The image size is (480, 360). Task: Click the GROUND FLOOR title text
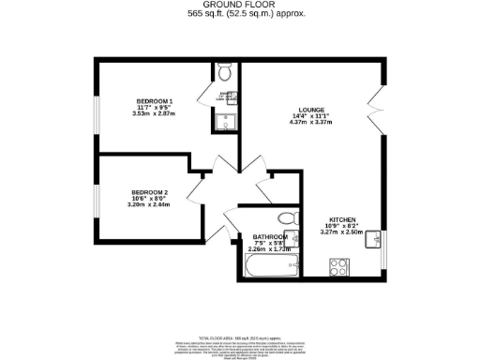click(x=239, y=6)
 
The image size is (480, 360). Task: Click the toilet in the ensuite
click(x=222, y=74)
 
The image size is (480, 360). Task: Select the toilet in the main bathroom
click(x=291, y=217)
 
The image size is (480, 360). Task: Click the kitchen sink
click(x=372, y=237)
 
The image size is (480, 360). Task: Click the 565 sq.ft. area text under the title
click(x=239, y=15)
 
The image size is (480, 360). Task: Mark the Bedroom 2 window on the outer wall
click(x=95, y=198)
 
